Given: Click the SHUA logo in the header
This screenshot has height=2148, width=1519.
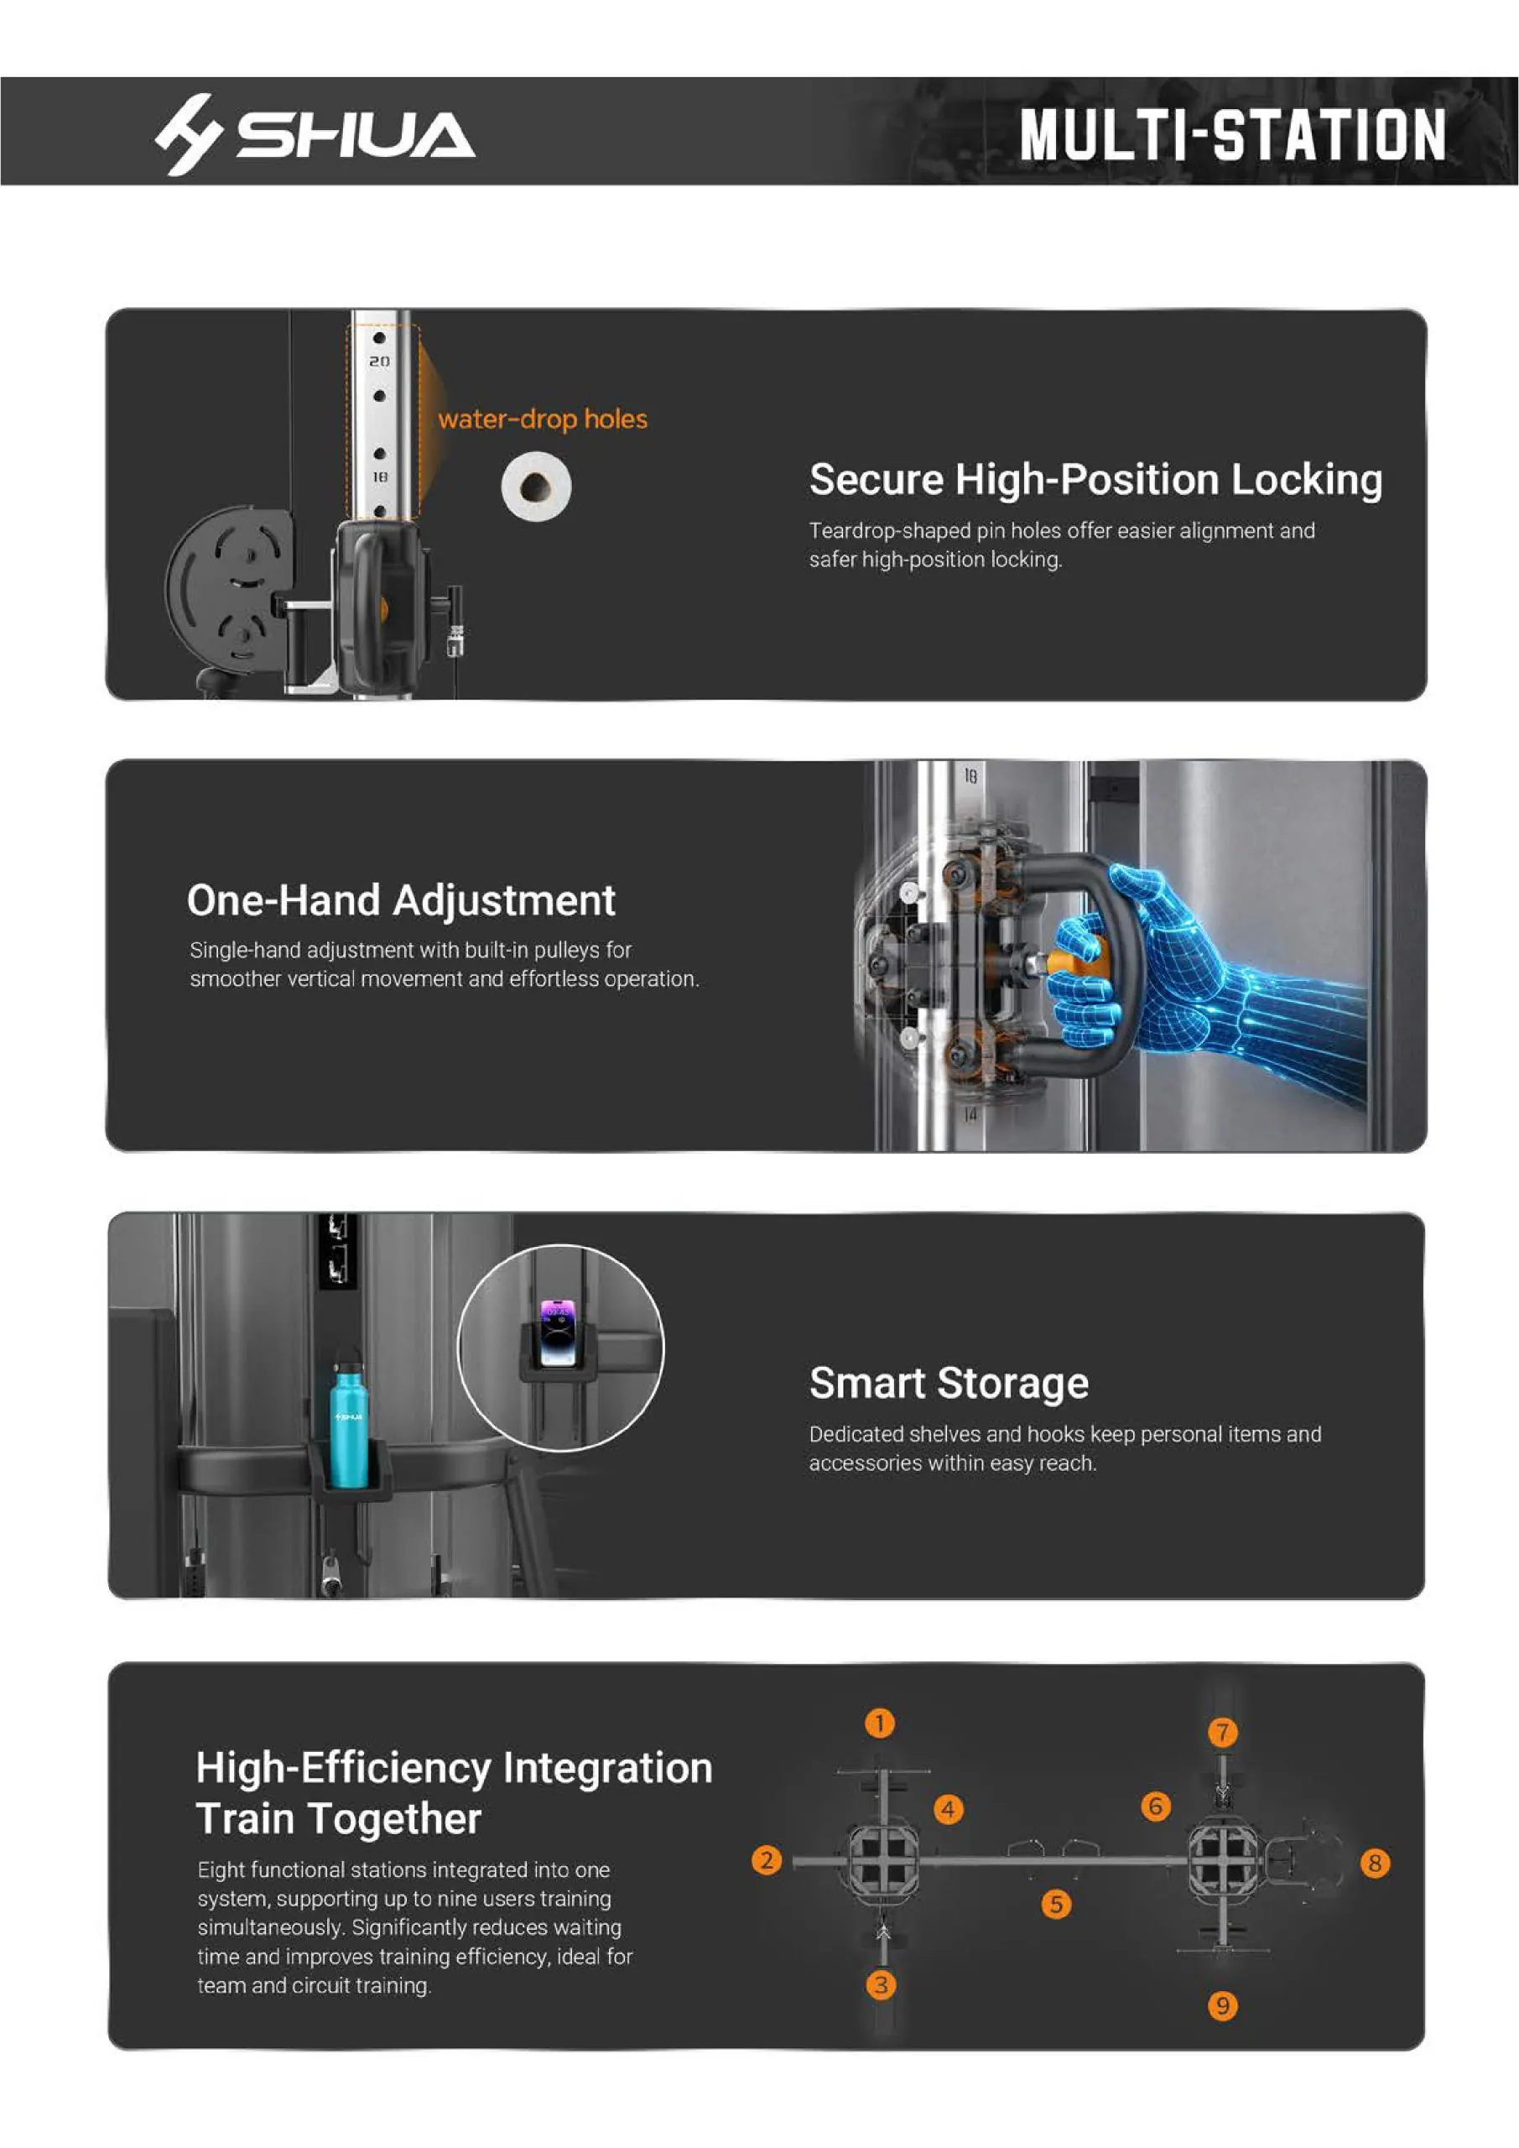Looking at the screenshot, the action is (315, 133).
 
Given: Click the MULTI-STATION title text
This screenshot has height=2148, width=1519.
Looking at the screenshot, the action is (1232, 133).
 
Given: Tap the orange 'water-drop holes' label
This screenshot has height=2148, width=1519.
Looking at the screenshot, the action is (543, 420).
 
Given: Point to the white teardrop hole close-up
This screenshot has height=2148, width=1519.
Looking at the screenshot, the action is (536, 486).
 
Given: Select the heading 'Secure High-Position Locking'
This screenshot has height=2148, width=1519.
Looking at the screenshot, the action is (1095, 480).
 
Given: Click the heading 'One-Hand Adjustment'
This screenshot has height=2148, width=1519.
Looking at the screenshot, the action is (401, 900).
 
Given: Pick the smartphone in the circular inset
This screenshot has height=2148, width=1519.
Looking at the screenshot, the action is (557, 1332).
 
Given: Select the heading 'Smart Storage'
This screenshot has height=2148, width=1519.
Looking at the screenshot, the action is (949, 1383).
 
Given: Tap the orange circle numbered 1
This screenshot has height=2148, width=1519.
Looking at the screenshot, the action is (879, 1723).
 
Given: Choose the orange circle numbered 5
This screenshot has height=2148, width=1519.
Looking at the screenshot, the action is (1056, 1904).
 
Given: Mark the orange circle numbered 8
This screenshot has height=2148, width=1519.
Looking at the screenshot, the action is (1374, 1863).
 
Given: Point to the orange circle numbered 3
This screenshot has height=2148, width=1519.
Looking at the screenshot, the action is (880, 1985).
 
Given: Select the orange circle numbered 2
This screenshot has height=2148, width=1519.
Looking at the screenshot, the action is (767, 1859).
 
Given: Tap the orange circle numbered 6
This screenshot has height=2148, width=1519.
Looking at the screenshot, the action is (1155, 1806).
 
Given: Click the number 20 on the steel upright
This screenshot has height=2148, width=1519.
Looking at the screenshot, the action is (379, 361).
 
